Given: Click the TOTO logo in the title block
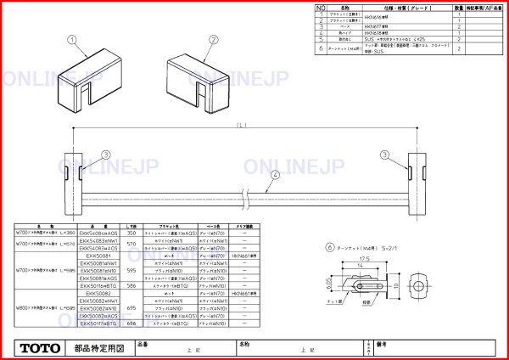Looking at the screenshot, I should (41, 348).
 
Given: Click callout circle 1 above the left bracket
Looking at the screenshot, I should (73, 39).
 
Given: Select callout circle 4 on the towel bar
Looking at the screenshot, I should (276, 175).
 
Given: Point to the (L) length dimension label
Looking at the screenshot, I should (242, 126).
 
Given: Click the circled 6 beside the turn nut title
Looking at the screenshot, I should (328, 247).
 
